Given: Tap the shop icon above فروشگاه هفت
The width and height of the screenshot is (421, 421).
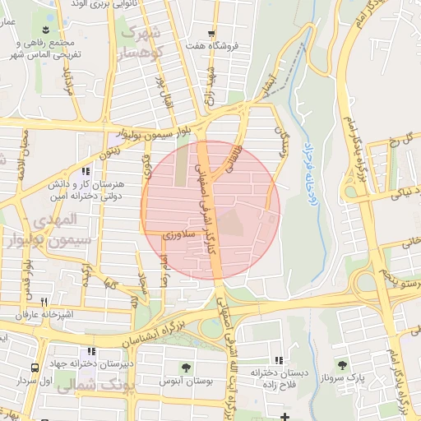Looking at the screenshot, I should pos(212,34).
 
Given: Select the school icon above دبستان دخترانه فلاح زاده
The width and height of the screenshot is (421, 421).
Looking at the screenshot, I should pos(280,360).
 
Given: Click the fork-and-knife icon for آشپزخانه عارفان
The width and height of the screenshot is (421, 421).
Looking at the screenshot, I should pos(44,302).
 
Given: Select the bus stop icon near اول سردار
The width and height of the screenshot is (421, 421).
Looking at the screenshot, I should pos(35,368).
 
